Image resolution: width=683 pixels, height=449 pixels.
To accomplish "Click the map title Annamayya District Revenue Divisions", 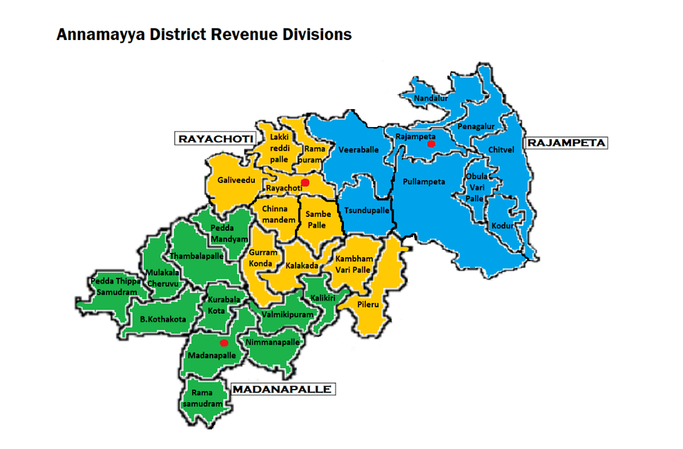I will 204,34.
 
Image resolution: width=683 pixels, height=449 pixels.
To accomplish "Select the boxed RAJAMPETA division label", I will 566,143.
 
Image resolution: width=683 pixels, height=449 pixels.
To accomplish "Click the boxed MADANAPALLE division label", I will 282,390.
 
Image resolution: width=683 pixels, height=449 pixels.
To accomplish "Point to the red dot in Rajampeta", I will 431,144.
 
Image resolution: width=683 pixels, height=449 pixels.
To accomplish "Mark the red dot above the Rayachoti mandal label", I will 305,181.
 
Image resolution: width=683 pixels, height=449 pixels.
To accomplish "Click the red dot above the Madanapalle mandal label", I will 224,343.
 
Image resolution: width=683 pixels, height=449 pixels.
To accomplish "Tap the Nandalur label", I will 431,99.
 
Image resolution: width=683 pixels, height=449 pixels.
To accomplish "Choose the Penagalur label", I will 476,127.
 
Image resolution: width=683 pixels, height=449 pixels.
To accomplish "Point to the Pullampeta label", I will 423,182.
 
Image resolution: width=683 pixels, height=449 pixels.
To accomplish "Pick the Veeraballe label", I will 358,149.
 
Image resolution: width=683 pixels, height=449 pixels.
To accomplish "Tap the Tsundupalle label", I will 367,210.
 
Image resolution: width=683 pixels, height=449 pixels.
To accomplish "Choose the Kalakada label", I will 302,265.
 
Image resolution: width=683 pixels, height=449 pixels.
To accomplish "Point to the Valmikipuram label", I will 288,314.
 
